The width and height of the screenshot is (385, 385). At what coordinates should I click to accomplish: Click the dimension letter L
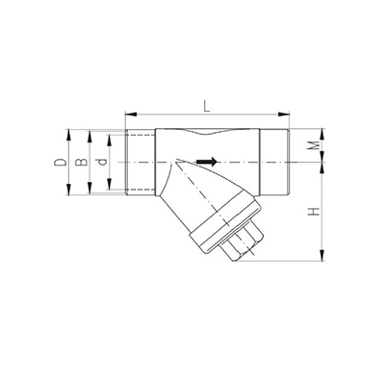[x=207, y=106]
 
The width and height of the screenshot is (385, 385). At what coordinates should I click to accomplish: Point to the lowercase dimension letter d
[x=101, y=162]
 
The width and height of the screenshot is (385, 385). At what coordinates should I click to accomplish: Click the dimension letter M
[x=316, y=145]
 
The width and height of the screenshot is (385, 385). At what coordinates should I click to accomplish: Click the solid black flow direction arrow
[x=207, y=162]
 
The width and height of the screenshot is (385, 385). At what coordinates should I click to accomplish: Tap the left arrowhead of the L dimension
[x=131, y=114]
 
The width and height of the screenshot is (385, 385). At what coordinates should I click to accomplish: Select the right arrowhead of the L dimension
[x=284, y=114]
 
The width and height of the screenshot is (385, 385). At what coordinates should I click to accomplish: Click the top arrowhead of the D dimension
[x=68, y=135]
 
